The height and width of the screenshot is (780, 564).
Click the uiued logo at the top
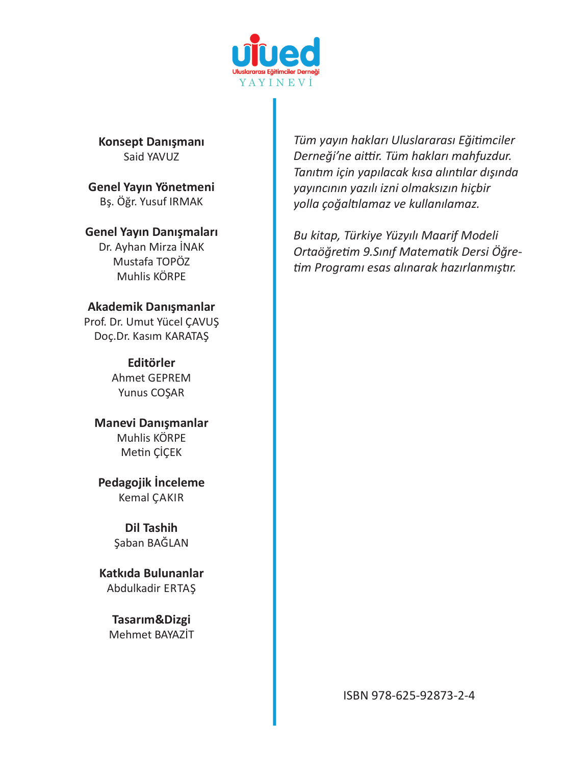click(276, 51)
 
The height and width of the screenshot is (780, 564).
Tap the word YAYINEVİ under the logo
click(276, 83)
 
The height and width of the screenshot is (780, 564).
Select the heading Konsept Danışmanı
click(151, 142)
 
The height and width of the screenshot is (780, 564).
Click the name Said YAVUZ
click(151, 157)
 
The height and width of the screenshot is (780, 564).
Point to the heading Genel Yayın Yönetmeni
click(151, 187)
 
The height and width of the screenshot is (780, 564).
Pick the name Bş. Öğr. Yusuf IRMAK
click(151, 202)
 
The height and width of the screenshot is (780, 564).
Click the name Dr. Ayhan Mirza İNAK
click(151, 247)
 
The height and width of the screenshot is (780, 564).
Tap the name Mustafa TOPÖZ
click(151, 262)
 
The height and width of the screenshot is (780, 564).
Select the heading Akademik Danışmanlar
click(151, 307)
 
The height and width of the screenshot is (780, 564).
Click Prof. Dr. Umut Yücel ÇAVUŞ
click(151, 322)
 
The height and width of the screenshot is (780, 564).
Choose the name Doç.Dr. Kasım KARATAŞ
click(151, 336)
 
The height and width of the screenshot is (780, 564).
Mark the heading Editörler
click(151, 363)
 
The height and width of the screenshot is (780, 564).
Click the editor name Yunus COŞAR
click(151, 393)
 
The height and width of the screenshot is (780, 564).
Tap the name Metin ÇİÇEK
click(151, 452)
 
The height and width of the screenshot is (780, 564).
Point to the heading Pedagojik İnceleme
click(151, 482)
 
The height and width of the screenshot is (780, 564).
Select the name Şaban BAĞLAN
click(151, 543)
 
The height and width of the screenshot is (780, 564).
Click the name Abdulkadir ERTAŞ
click(151, 588)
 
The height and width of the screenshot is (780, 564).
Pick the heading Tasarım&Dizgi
click(151, 620)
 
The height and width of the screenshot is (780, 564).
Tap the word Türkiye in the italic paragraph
click(363, 235)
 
